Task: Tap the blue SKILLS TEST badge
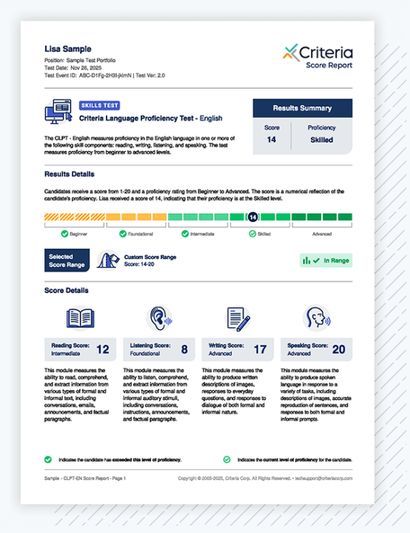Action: click(x=99, y=106)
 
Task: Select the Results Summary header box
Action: click(x=302, y=108)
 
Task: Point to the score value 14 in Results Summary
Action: click(x=272, y=139)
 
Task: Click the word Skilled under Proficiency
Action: click(x=321, y=139)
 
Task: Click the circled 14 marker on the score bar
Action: click(x=252, y=218)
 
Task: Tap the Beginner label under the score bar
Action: click(x=78, y=233)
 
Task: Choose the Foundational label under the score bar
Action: click(x=141, y=233)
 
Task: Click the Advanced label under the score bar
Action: click(x=322, y=233)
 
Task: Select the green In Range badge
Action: click(x=326, y=261)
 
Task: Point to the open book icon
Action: click(x=81, y=318)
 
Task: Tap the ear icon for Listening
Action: click(x=158, y=318)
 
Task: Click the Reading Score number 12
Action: click(x=103, y=349)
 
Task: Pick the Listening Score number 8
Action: click(x=184, y=349)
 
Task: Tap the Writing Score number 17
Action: click(x=260, y=349)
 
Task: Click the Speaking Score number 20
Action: click(x=339, y=349)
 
